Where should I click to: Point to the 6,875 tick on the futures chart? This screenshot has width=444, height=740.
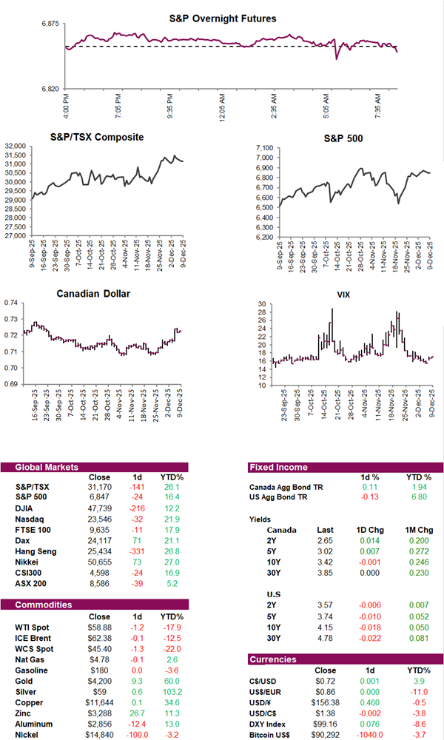point(50,24)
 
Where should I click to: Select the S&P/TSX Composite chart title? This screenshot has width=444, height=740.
point(97,137)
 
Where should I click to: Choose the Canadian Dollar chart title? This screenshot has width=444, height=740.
point(93,294)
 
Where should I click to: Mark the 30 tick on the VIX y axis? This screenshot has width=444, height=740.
point(262,303)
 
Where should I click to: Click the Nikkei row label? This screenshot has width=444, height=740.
point(27,563)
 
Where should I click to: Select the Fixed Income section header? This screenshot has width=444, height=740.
point(279,468)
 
